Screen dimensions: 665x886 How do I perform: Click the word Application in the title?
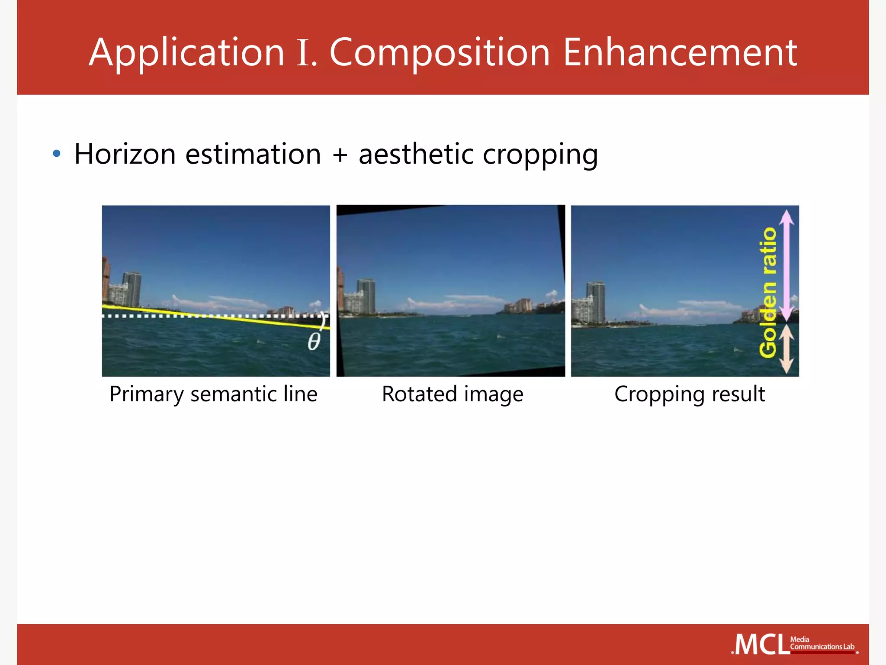point(186,53)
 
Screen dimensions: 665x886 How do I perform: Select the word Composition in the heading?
point(440,53)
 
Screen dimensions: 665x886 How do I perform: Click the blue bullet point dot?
point(56,153)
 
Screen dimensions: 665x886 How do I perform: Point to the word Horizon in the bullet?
point(125,154)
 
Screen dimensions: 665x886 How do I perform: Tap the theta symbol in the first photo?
point(314,342)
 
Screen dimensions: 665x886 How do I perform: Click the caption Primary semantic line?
point(213,394)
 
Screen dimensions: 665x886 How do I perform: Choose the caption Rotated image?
point(453,394)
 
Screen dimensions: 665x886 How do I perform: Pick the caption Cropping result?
point(690,394)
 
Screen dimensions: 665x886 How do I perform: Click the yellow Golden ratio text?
point(768,292)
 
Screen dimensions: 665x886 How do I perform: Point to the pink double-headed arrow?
point(786,264)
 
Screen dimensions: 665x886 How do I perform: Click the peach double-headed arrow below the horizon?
point(786,349)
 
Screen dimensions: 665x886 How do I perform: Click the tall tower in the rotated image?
point(366,296)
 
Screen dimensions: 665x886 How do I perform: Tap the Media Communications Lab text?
point(822,643)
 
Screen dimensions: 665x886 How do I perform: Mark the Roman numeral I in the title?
point(304,53)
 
